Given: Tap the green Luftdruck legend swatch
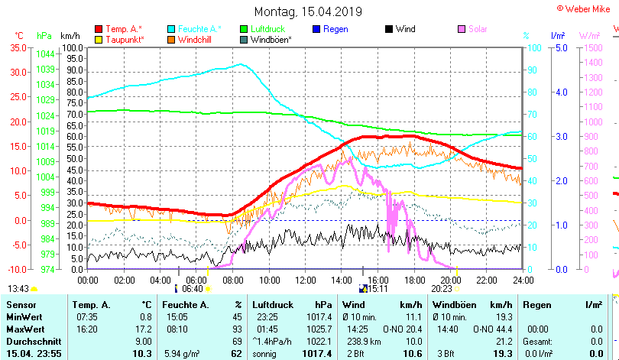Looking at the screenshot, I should (x=245, y=29).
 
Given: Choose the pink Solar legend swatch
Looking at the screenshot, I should (x=462, y=29).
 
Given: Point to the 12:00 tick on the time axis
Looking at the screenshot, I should (x=305, y=280).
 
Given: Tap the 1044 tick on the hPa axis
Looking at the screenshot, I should (x=45, y=54).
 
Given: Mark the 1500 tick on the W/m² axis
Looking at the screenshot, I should (x=589, y=47).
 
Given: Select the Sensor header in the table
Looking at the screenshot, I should (x=21, y=305).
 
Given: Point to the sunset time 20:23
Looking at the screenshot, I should (x=442, y=289).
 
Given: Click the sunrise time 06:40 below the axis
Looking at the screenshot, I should (x=192, y=289).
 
